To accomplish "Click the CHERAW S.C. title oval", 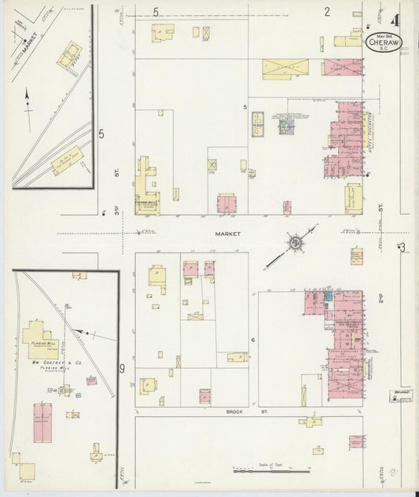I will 385,41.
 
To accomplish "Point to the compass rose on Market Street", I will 295,244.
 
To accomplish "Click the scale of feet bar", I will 270,470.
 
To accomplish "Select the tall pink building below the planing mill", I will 42,422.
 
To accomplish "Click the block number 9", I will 122,367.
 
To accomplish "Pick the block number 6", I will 253,340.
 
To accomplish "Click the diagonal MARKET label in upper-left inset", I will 29,47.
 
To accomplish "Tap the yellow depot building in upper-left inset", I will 67,160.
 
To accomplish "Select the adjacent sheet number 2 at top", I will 326,11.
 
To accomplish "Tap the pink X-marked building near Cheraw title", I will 343,67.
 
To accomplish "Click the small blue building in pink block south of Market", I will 329,299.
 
